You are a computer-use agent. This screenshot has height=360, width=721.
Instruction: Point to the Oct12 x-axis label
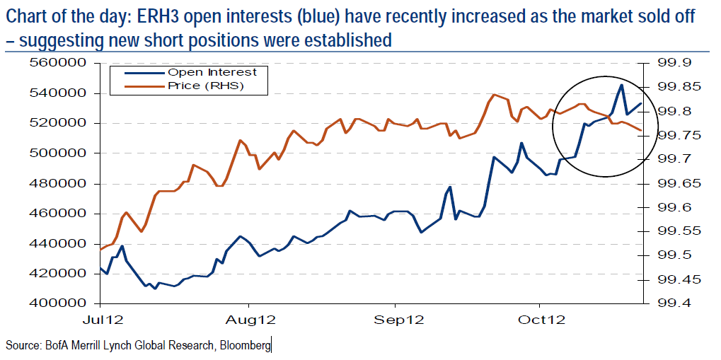coord(541,320)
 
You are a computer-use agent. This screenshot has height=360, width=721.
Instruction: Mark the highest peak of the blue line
coord(621,85)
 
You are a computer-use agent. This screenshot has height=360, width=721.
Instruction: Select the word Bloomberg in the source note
coord(244,345)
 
